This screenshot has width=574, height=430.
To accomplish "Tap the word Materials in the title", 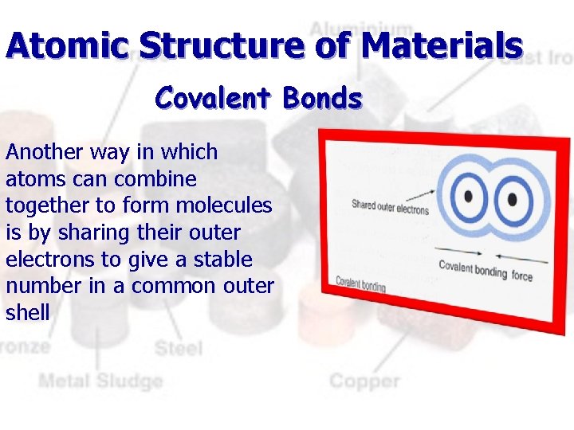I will [x=442, y=45].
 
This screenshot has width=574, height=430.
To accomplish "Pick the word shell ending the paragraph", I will [x=27, y=313].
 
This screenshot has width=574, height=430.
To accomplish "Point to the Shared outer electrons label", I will [x=390, y=208].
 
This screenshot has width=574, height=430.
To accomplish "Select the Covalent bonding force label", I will [x=486, y=271].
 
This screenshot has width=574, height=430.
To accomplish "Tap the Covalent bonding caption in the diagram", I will [x=360, y=283].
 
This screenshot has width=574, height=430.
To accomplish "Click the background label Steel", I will [x=178, y=348].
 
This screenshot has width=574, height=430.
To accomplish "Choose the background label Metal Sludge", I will [x=100, y=381].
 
